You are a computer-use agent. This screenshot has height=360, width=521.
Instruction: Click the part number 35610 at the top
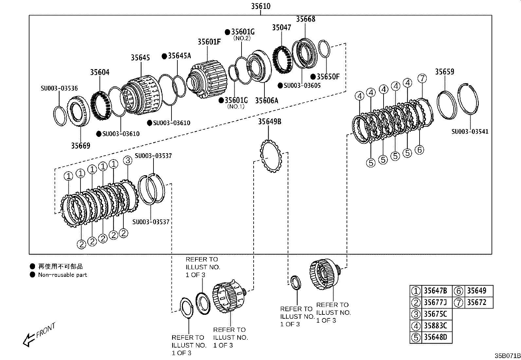click(x=260, y=6)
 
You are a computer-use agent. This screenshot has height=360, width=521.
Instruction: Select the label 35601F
click(x=209, y=42)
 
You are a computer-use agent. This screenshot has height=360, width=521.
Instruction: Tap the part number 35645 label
click(x=140, y=58)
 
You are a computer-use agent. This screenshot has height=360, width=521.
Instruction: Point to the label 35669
click(x=81, y=145)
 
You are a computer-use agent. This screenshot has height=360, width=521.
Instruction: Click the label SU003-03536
click(x=59, y=88)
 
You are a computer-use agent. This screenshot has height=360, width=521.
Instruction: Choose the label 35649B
click(x=269, y=122)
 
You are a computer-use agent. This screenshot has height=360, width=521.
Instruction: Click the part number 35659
click(x=444, y=72)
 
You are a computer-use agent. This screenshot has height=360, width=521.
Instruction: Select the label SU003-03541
click(x=470, y=132)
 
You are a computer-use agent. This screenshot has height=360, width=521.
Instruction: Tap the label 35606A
click(x=266, y=101)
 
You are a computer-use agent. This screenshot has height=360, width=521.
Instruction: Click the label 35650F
click(x=328, y=77)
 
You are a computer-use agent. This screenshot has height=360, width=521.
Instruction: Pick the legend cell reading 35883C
click(x=435, y=326)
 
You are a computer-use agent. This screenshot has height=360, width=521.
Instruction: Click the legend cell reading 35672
click(x=476, y=302)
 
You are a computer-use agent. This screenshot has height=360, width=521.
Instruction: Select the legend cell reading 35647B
click(x=435, y=291)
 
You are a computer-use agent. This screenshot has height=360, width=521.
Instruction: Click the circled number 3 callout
click(x=128, y=161)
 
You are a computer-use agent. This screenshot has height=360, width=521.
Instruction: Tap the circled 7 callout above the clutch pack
click(x=422, y=79)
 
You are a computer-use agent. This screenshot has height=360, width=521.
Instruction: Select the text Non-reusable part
click(x=63, y=275)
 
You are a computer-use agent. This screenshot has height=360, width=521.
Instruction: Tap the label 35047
click(x=281, y=28)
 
